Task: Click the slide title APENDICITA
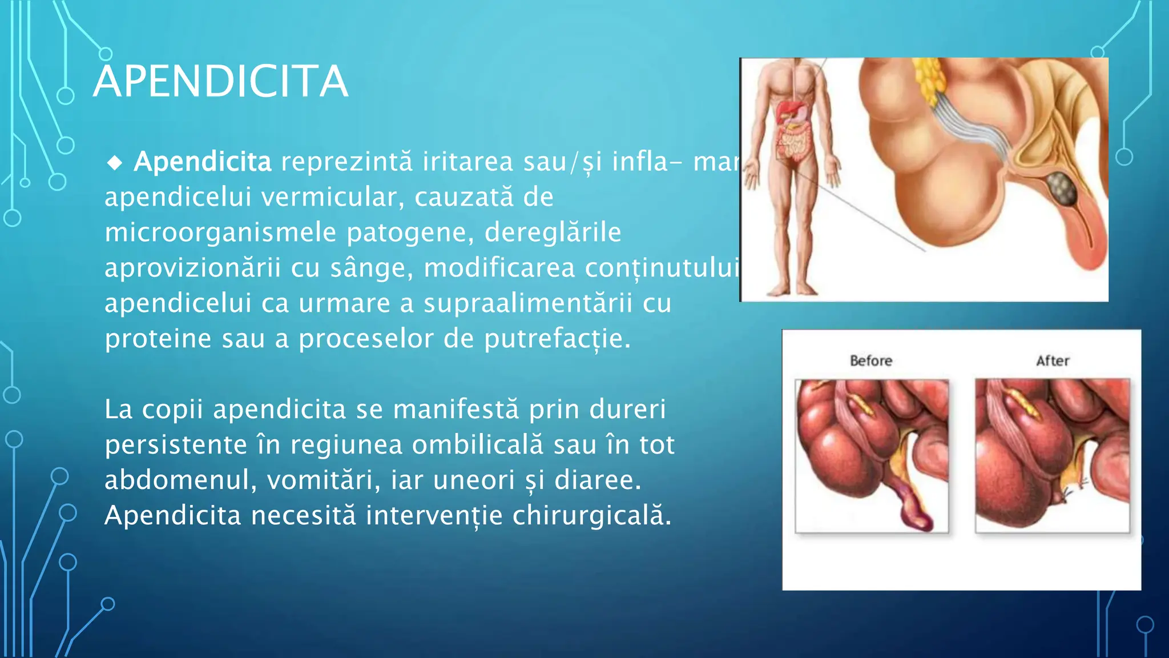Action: [220, 82]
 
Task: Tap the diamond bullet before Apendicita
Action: [115, 163]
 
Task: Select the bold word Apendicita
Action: [203, 162]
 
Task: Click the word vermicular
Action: [332, 198]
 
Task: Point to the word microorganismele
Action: [220, 233]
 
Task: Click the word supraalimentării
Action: [527, 303]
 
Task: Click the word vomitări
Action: [324, 480]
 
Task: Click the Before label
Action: [870, 361]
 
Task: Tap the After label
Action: [1053, 361]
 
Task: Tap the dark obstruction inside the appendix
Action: [1061, 187]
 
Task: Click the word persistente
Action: [175, 445]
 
